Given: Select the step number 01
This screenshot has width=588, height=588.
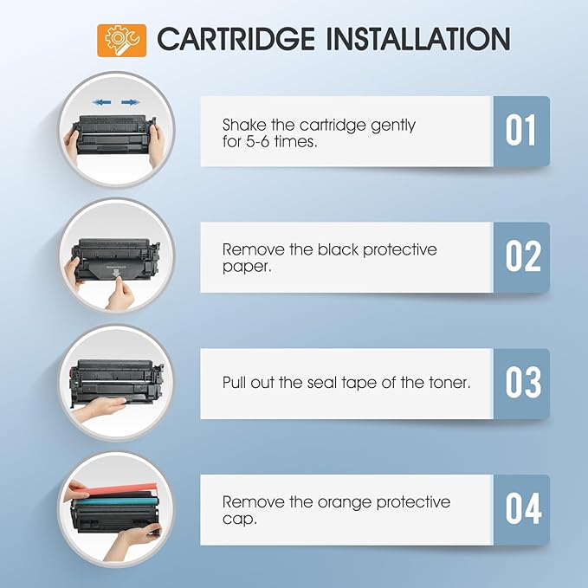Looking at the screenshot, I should click(x=520, y=131).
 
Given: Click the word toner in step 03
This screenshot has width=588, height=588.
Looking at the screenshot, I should click(x=448, y=382).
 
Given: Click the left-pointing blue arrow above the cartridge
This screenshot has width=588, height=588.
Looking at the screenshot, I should click(x=102, y=102).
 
